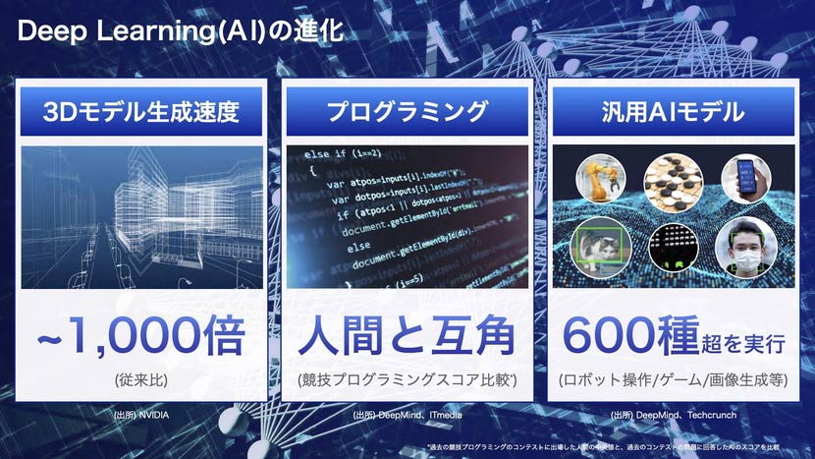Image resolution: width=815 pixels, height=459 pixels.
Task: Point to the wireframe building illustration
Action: click(141, 219)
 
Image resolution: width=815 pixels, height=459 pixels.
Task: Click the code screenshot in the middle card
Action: click(407, 219)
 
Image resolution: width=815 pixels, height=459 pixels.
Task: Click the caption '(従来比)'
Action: click(141, 378)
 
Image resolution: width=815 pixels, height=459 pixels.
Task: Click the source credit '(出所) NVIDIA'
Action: click(141, 416)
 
